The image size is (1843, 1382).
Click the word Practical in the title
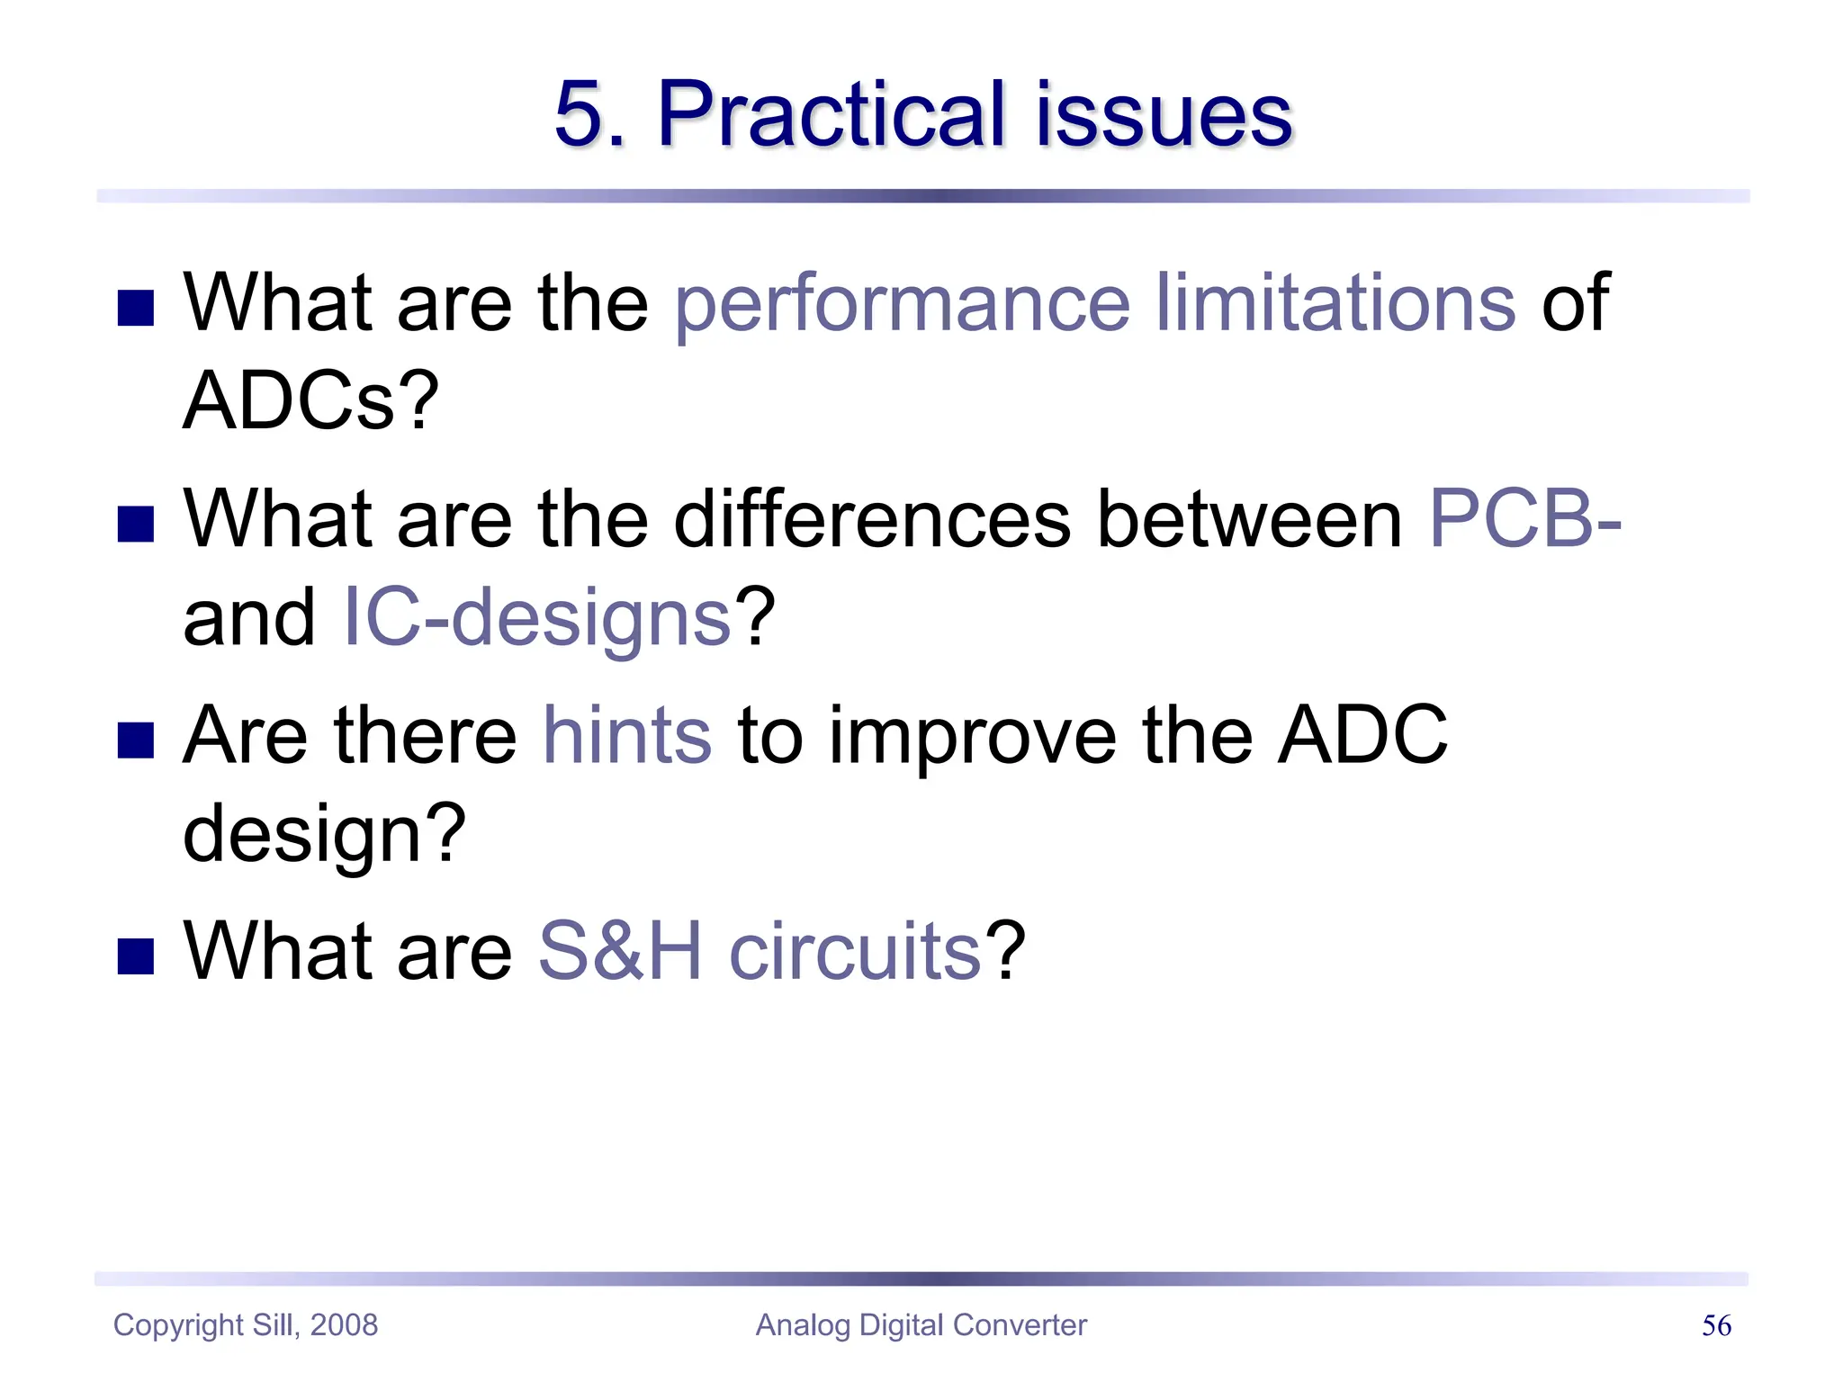click(x=830, y=115)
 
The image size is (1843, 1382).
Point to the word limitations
click(x=1335, y=303)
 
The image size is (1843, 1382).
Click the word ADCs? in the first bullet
click(x=310, y=401)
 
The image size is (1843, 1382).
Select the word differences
click(x=872, y=520)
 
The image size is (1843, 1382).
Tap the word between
click(x=1250, y=520)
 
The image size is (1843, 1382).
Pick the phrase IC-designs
click(x=537, y=618)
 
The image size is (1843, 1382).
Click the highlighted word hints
click(x=627, y=736)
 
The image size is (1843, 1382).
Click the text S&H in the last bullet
click(x=620, y=952)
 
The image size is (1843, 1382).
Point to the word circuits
click(x=854, y=952)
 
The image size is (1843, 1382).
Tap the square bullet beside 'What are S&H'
click(x=136, y=956)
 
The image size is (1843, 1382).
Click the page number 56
click(x=1716, y=1325)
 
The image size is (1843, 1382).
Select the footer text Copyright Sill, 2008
click(x=246, y=1325)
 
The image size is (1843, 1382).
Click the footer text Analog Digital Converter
click(x=921, y=1325)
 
